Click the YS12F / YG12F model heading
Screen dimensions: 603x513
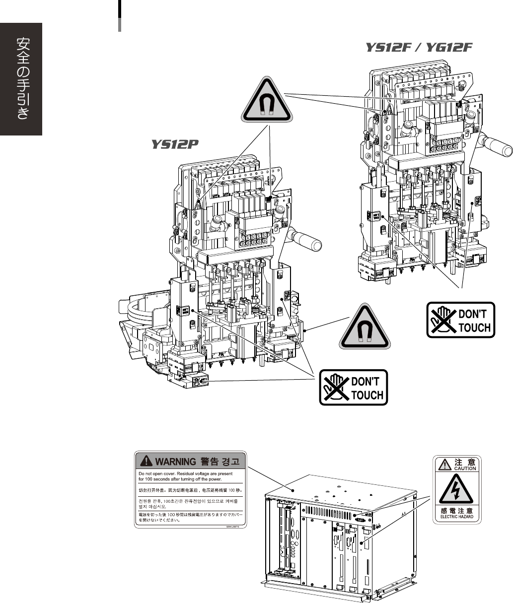pyautogui.click(x=418, y=48)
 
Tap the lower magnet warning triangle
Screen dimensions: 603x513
pyautogui.click(x=365, y=325)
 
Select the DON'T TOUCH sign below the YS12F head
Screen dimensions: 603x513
pyautogui.click(x=461, y=320)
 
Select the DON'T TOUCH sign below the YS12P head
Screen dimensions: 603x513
pyautogui.click(x=353, y=388)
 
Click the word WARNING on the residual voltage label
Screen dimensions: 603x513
pyautogui.click(x=176, y=462)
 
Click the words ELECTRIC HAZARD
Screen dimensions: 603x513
pyautogui.click(x=457, y=517)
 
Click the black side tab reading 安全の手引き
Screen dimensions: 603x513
pyautogui.click(x=21, y=79)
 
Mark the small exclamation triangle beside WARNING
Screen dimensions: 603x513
pyautogui.click(x=147, y=462)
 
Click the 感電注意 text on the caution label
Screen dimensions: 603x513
pyautogui.click(x=457, y=510)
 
